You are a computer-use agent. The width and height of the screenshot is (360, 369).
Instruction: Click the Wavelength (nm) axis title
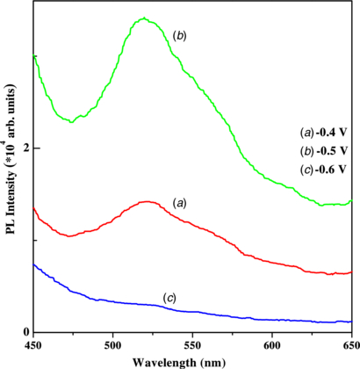192,360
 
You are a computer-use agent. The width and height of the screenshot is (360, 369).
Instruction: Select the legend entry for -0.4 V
323,132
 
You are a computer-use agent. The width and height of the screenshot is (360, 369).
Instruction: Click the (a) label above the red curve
180,203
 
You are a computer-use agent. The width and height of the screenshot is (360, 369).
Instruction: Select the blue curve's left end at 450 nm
33,264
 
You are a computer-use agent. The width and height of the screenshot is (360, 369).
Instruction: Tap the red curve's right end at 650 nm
350,272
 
